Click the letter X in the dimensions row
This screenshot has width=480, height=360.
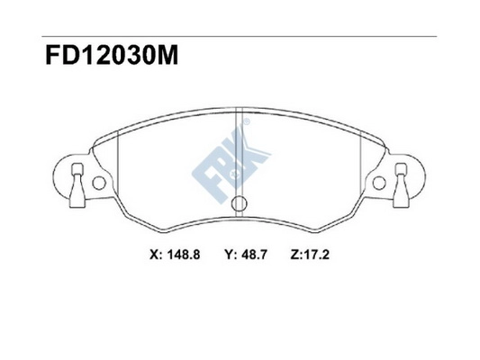pos(152,255)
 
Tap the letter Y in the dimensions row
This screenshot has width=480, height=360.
pos(230,255)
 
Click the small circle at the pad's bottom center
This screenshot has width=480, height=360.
pos(240,204)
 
